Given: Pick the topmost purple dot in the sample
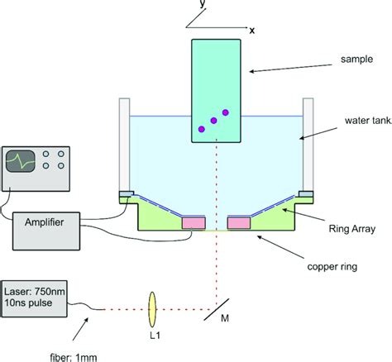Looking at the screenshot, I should [x=225, y=112].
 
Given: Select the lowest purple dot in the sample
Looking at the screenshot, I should [x=199, y=129].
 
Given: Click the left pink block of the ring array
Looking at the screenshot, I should [x=194, y=223].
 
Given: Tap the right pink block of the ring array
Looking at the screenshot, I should [x=240, y=223].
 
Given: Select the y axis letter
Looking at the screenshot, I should [x=202, y=5].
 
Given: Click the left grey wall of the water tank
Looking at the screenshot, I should [x=125, y=145].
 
